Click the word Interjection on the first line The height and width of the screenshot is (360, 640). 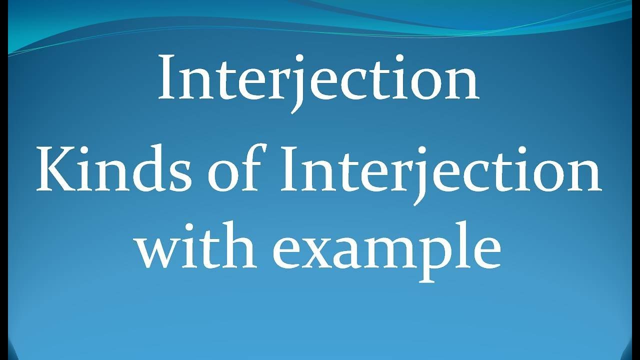(x=319, y=77)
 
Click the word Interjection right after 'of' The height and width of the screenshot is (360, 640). (x=440, y=170)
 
